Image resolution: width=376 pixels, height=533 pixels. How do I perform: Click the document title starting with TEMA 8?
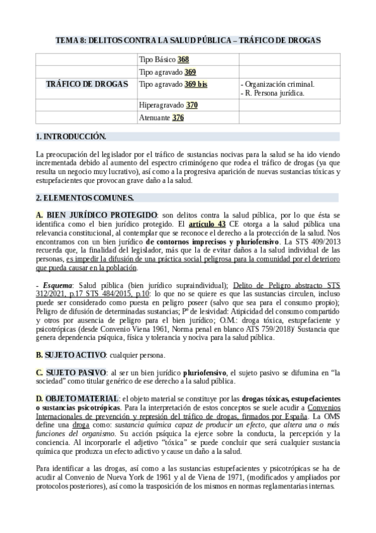[x=188, y=40]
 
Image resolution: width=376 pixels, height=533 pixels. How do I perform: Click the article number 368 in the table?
[x=183, y=60]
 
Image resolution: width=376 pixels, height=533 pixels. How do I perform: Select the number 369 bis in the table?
[x=196, y=83]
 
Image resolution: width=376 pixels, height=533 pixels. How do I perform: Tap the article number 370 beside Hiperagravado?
[x=192, y=106]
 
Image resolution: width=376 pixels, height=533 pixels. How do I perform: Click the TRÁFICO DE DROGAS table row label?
[x=87, y=83]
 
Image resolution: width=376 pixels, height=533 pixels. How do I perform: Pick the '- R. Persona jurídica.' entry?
[x=272, y=92]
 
